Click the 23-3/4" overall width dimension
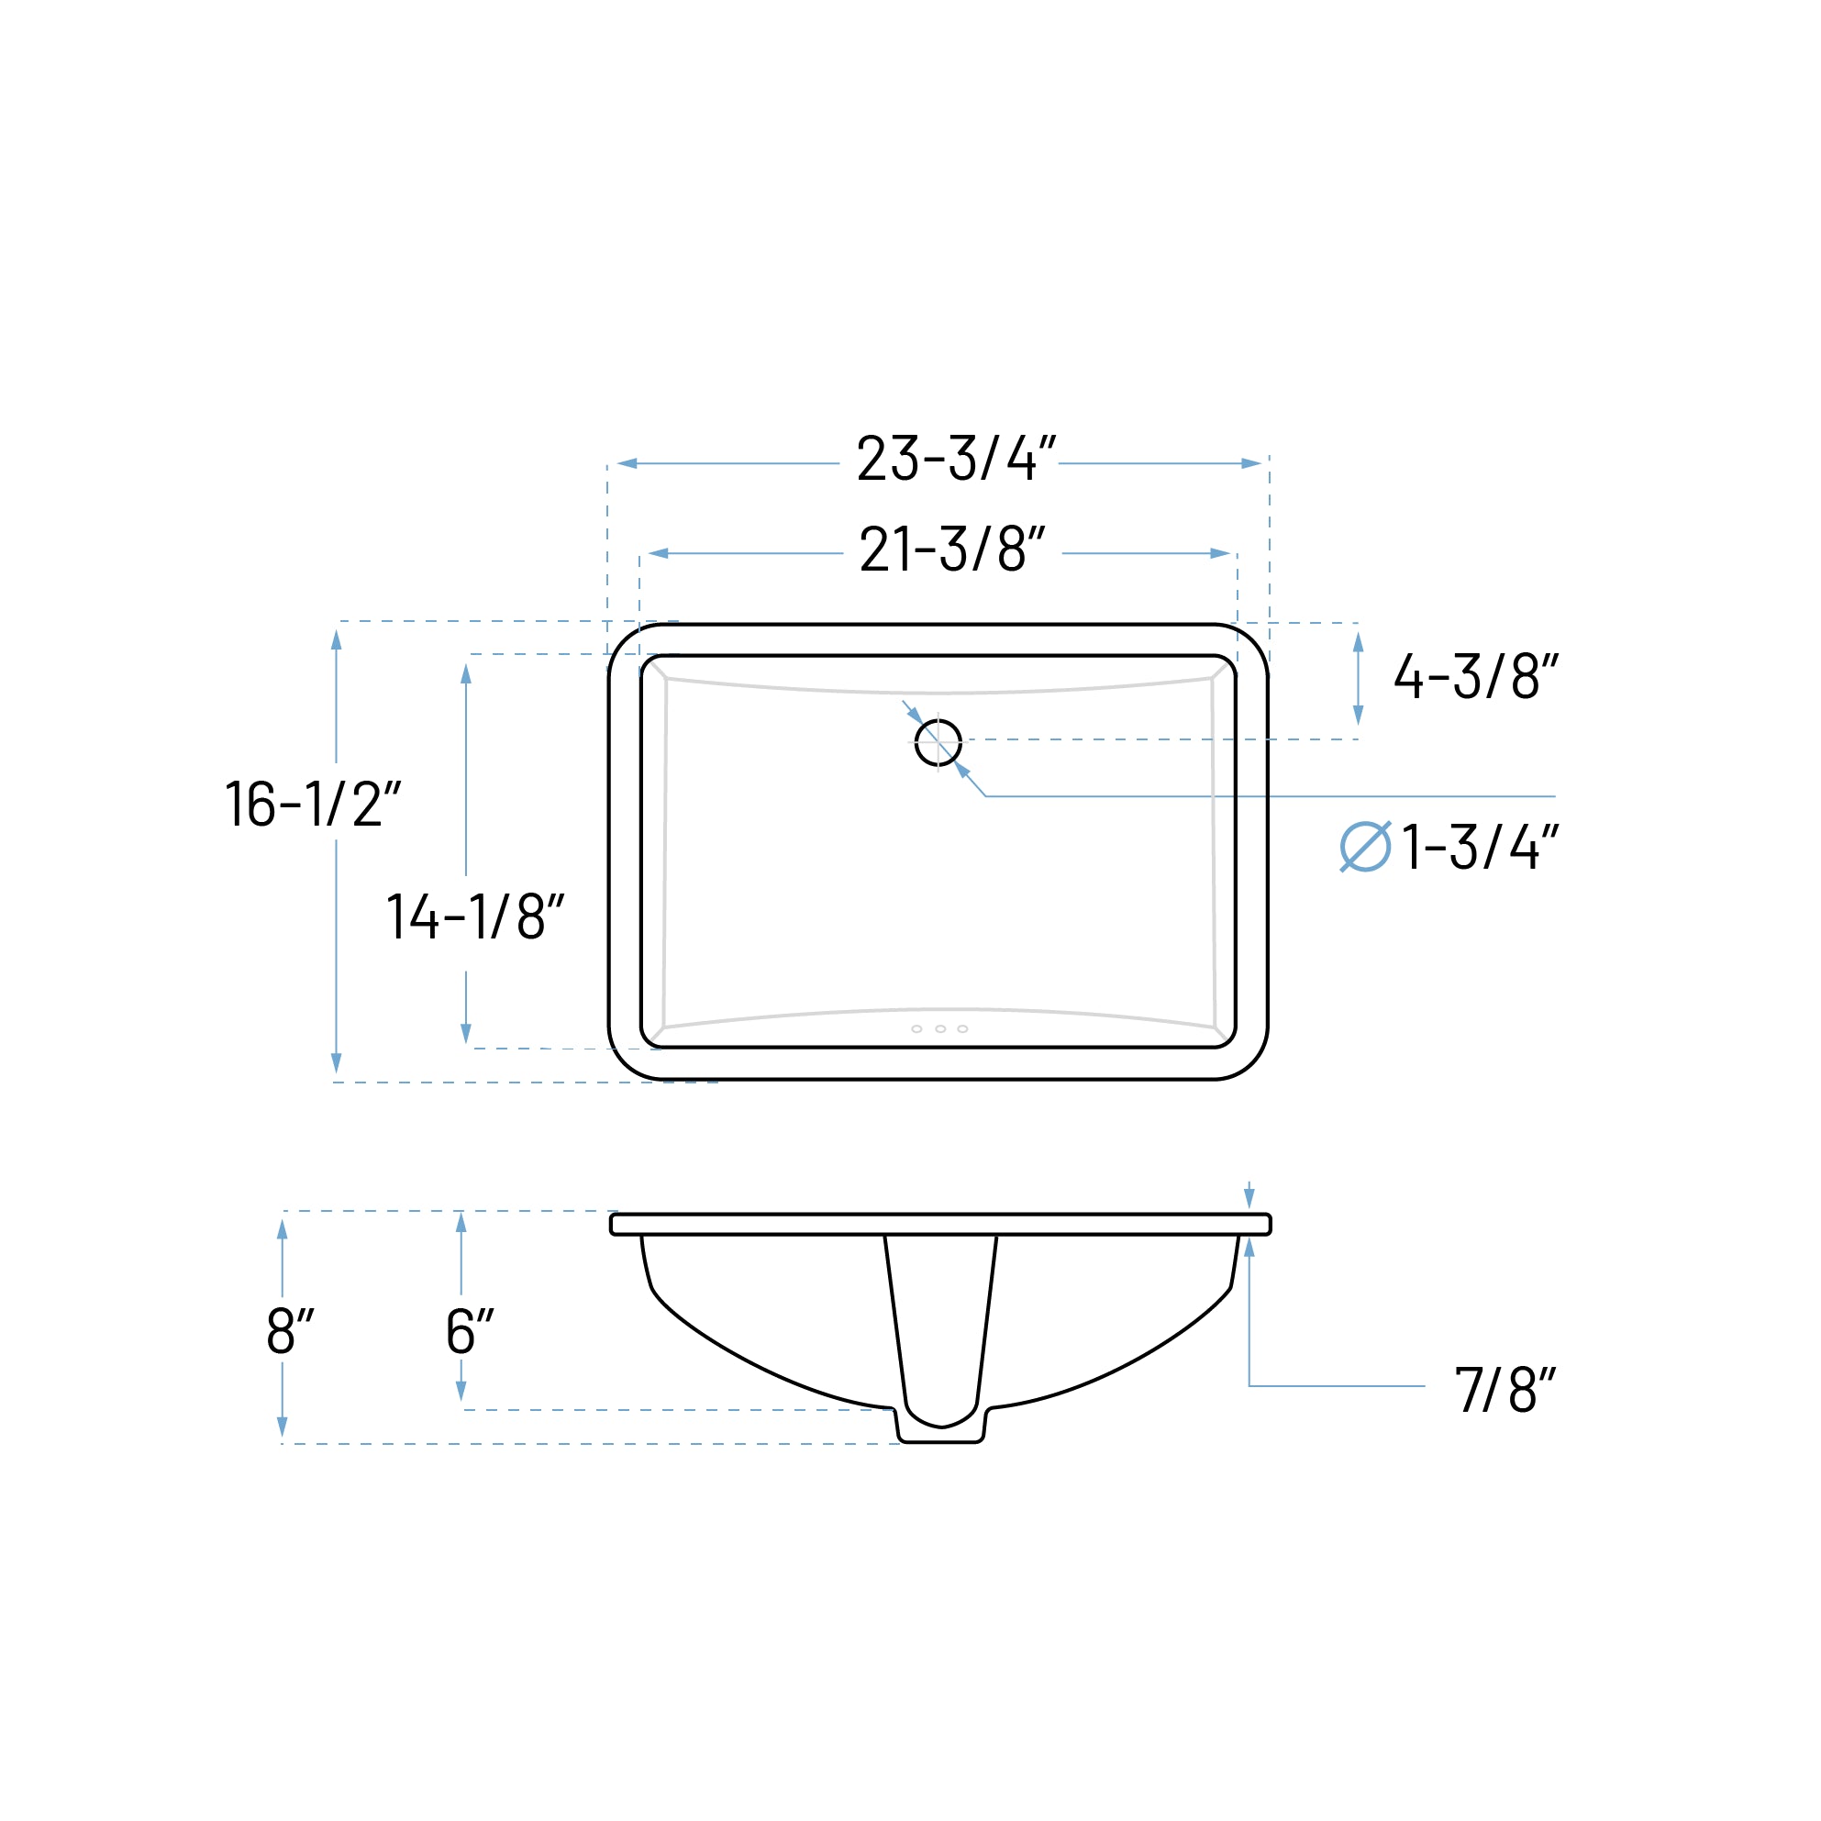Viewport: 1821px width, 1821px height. (955, 459)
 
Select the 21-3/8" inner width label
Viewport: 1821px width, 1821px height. (952, 550)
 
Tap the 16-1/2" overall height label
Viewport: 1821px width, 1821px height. (313, 804)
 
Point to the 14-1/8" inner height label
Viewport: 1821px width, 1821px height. (475, 916)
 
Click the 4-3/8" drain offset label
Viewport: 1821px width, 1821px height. (1475, 677)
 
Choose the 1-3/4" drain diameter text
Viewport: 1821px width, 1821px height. (1479, 847)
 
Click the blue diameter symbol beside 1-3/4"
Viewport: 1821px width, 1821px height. (1365, 847)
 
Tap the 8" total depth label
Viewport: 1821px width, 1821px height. (289, 1331)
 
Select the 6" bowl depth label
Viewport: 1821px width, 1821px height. (470, 1331)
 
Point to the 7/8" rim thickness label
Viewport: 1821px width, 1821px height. (1504, 1389)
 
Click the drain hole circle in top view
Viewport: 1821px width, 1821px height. (938, 743)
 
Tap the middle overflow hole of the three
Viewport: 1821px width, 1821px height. (940, 1029)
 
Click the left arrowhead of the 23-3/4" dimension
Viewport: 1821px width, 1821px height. (627, 463)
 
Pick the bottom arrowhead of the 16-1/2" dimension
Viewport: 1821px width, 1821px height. (337, 1062)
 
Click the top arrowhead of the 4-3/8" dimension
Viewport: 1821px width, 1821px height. (1359, 643)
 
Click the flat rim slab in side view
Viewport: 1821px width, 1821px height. (940, 1225)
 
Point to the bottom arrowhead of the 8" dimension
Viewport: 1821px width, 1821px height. (282, 1427)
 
